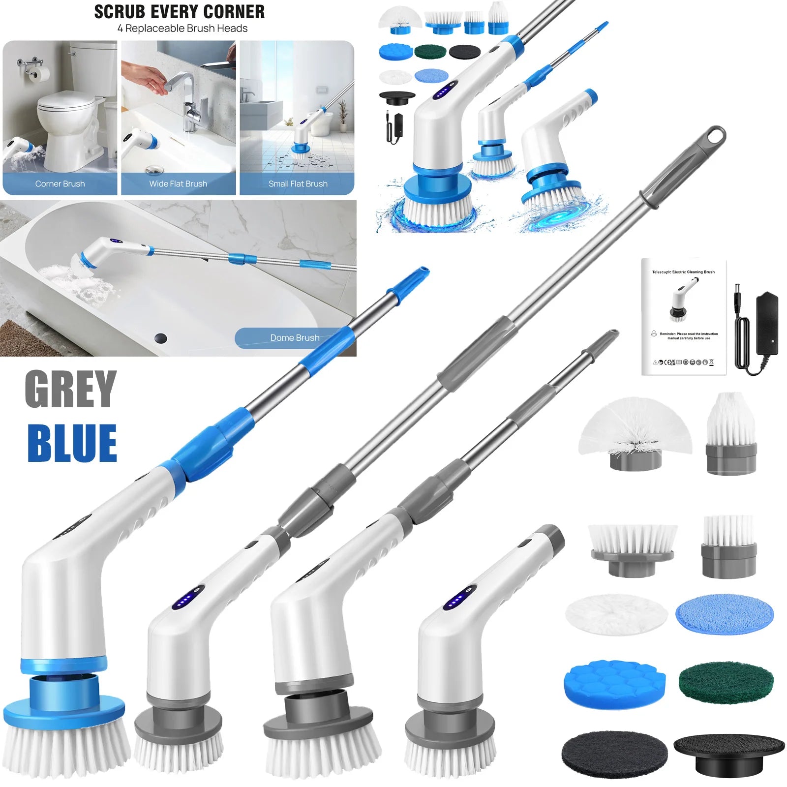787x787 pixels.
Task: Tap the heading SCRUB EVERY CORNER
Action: [x=180, y=12]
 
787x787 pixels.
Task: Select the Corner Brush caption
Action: [x=60, y=184]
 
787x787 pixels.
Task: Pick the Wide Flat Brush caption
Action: [x=178, y=184]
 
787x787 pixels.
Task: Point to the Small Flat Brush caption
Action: [x=298, y=184]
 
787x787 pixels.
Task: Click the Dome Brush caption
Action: [x=295, y=338]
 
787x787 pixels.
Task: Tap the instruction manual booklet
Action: [x=684, y=317]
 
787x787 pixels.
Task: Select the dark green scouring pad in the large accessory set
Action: [x=726, y=681]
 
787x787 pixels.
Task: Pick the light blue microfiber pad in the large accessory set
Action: [x=725, y=615]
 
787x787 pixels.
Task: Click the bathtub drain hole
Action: [x=160, y=338]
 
